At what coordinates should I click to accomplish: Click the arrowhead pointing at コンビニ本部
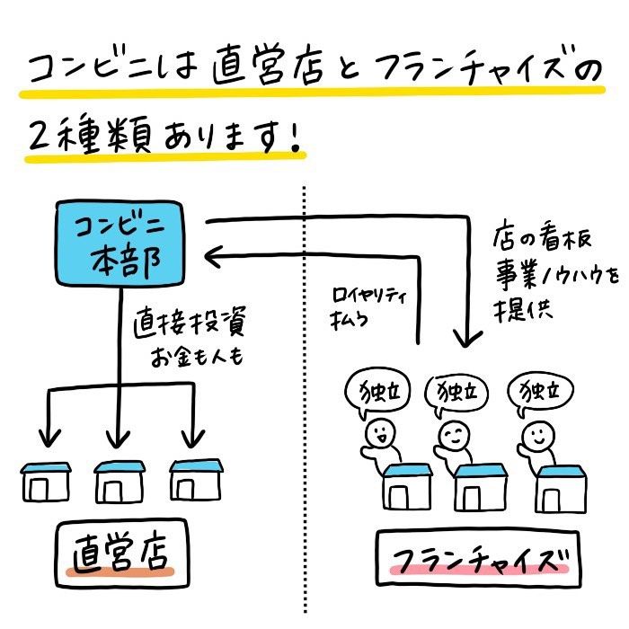(x=214, y=259)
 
